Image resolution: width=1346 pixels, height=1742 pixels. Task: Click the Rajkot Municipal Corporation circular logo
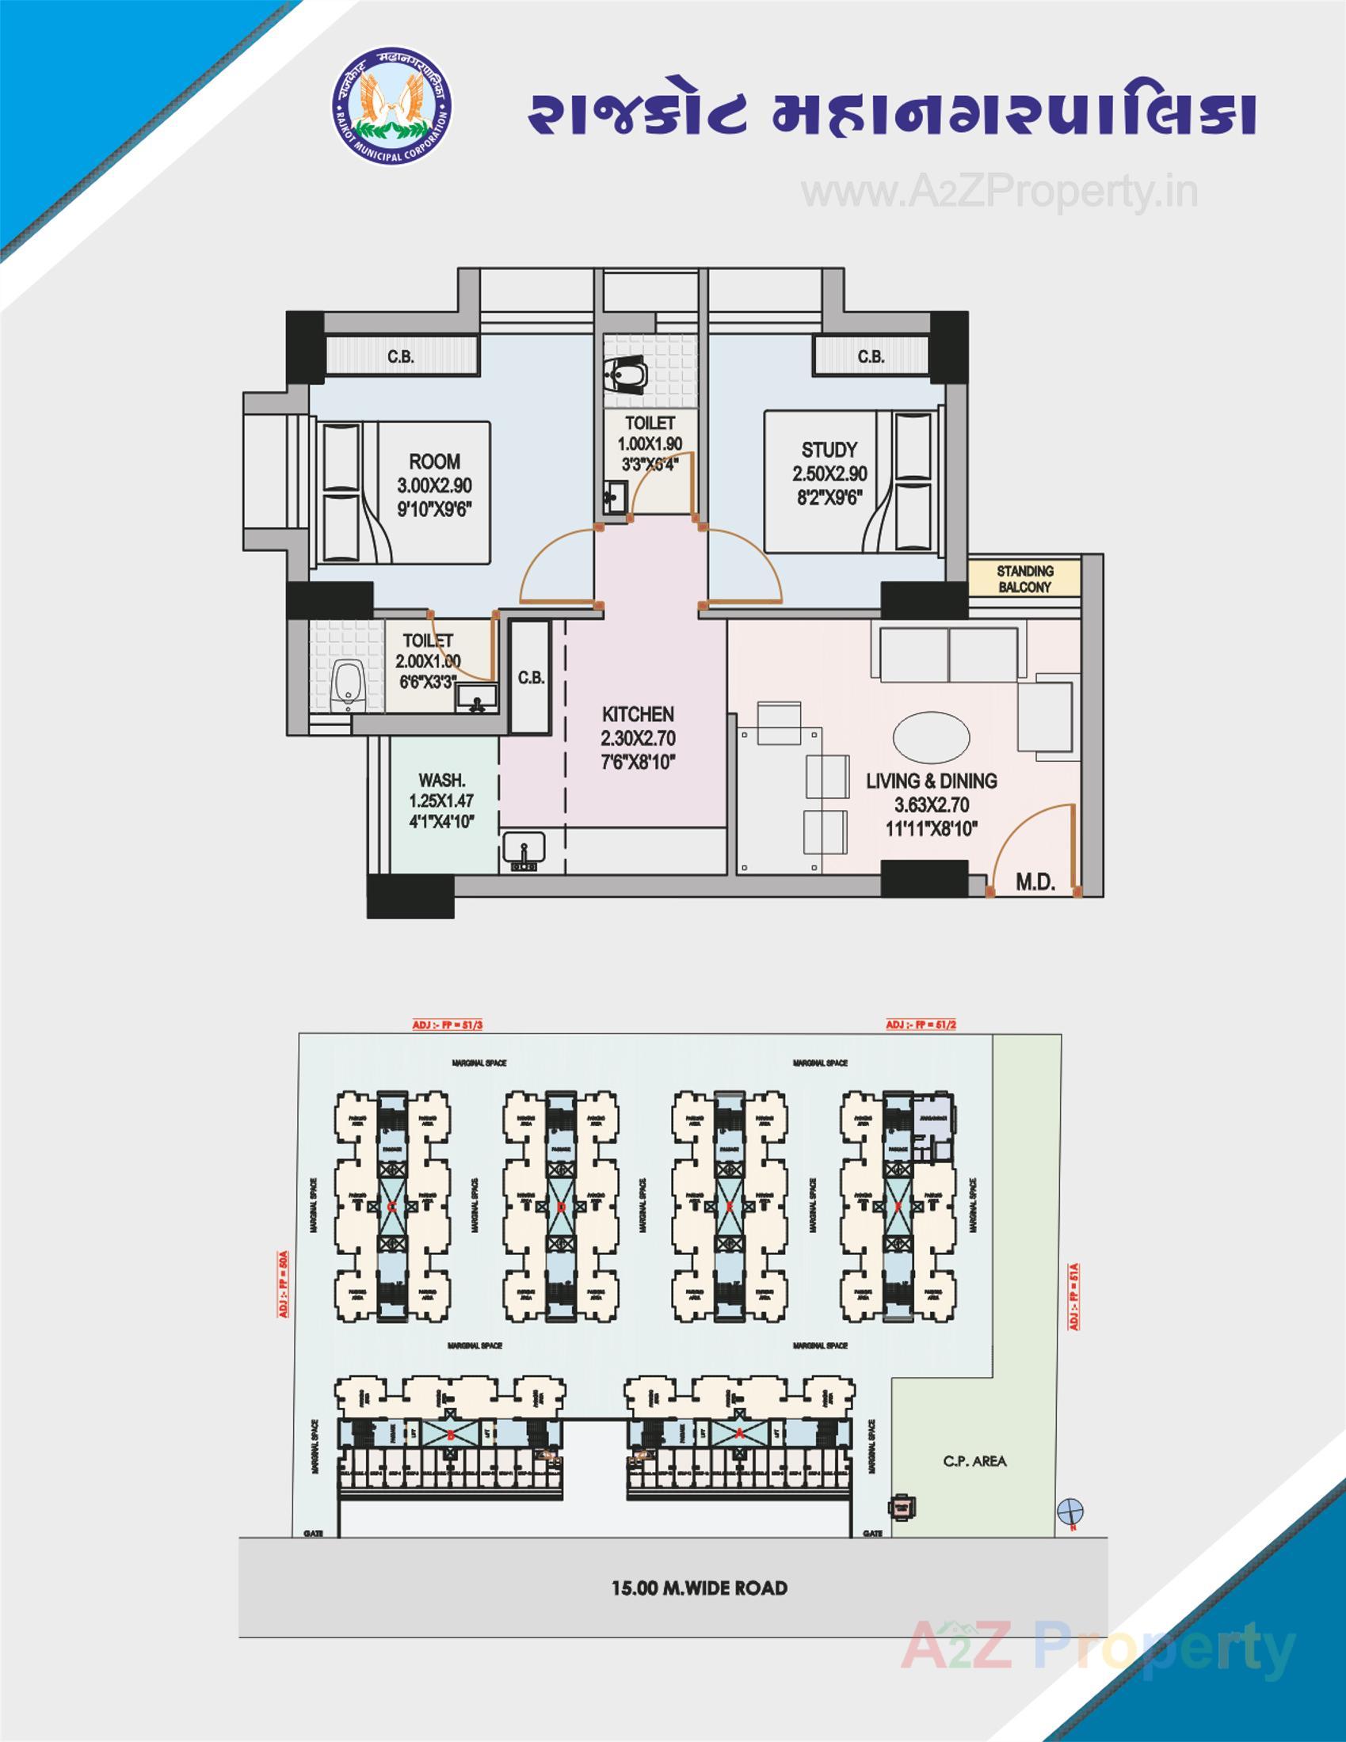coord(391,108)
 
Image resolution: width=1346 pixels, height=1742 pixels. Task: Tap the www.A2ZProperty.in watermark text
coord(999,192)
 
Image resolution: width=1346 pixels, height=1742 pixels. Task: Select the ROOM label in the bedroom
coord(434,461)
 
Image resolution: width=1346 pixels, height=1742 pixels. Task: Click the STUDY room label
coord(829,449)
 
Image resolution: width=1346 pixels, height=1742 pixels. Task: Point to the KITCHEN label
coord(638,714)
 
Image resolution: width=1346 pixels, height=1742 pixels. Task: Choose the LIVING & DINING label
coord(931,781)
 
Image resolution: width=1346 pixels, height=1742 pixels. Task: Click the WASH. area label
coord(441,780)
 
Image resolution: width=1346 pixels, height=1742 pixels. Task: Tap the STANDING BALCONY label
coord(1024,579)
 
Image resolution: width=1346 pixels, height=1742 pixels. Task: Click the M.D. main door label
coord(1035,882)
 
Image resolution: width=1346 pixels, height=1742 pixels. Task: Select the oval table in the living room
coord(931,736)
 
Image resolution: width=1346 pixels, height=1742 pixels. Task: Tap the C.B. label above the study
coord(871,356)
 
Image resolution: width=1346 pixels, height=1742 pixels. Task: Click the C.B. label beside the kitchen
coord(531,678)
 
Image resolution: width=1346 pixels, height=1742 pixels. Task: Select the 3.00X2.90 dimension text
coord(434,485)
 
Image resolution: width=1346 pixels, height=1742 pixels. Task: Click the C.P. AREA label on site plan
coord(974,1461)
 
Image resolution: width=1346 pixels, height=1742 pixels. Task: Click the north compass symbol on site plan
coord(1070,1510)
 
